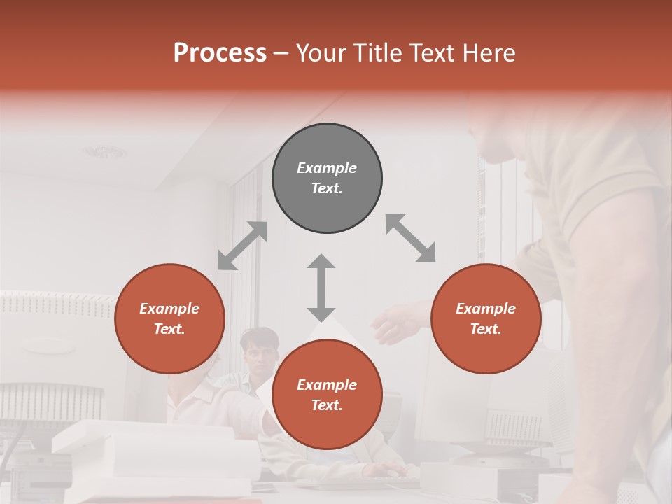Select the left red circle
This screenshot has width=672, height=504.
[169, 318]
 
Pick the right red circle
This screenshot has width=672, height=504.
[486, 318]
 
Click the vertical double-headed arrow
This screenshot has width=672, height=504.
[321, 288]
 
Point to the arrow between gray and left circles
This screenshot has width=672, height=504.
[242, 246]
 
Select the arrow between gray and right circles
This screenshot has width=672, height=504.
[410, 238]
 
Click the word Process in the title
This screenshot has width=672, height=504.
[220, 52]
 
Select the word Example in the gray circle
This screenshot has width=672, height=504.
[327, 168]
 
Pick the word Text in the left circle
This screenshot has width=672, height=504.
[169, 329]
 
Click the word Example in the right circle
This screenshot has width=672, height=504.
[486, 309]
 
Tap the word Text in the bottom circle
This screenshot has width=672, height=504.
[327, 405]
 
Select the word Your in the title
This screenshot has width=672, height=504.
[321, 52]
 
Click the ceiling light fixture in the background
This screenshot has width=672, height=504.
[106, 151]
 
